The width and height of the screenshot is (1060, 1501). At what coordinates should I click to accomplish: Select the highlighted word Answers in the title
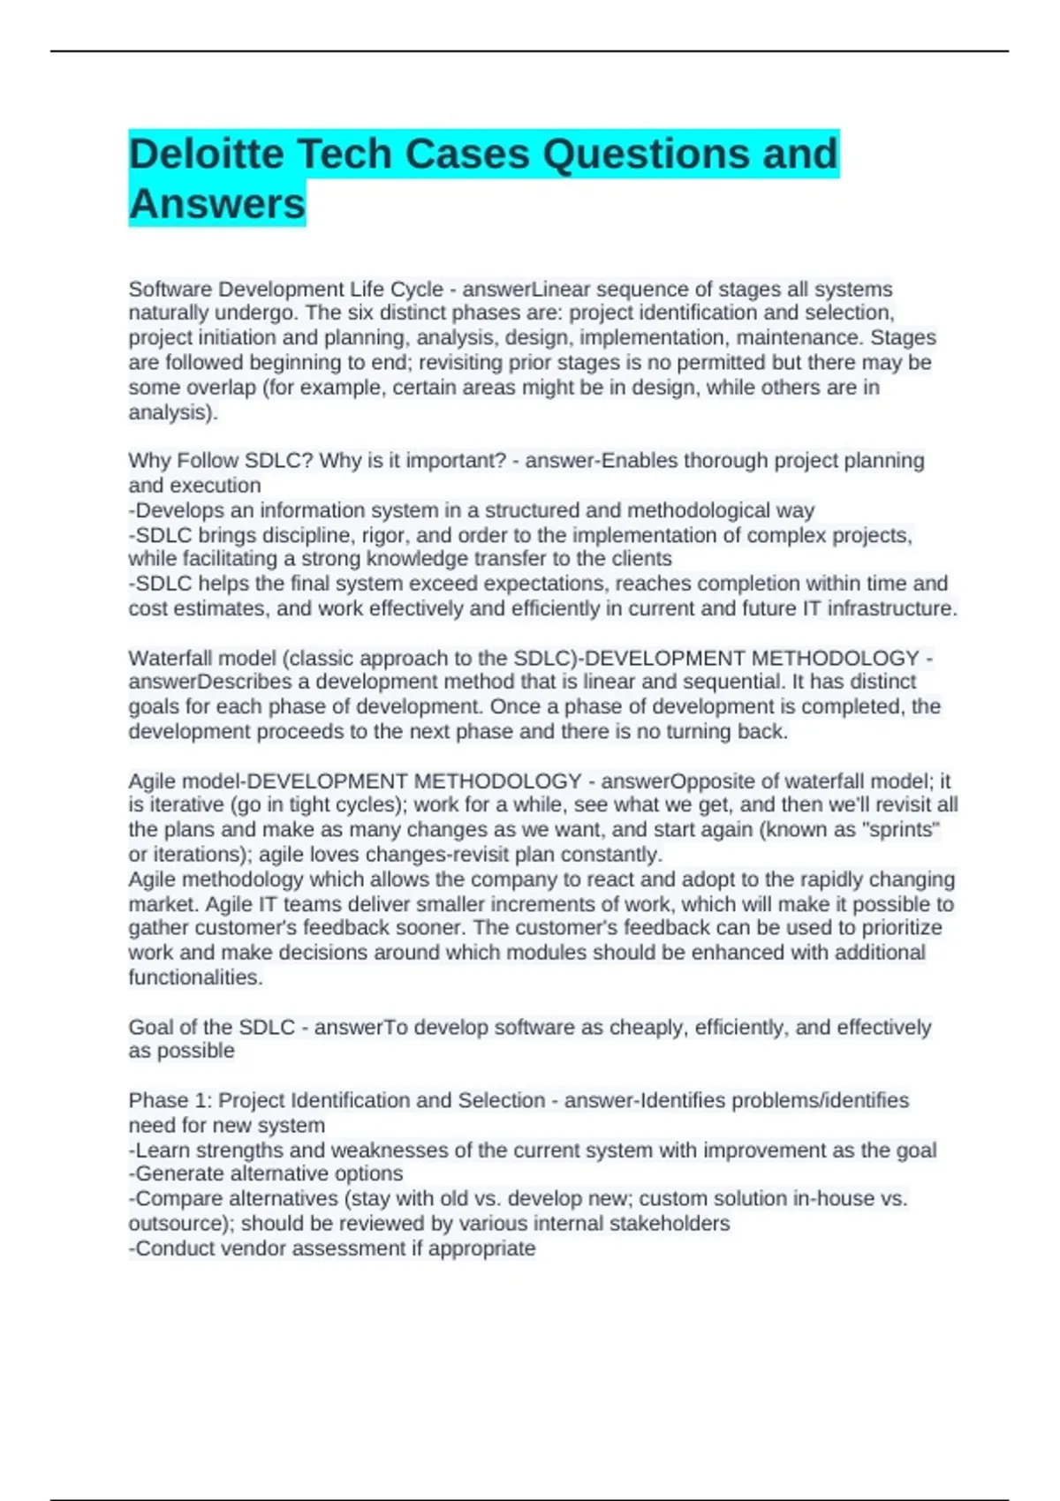[x=216, y=204]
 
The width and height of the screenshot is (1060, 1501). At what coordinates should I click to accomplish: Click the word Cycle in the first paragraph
[x=415, y=289]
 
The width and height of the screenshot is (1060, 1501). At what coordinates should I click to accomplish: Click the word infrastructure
[x=892, y=608]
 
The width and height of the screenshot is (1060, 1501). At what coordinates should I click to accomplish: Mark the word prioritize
[x=897, y=928]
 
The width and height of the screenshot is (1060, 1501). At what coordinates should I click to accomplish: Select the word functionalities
[x=195, y=977]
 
